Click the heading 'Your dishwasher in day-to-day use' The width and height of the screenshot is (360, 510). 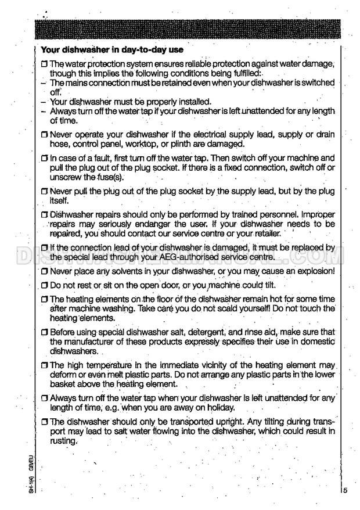pyautogui.click(x=112, y=50)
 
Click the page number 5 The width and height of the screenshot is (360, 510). pyautogui.click(x=345, y=490)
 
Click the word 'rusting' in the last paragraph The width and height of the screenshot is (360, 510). pyautogui.click(x=63, y=441)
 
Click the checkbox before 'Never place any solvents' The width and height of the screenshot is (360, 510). pyautogui.click(x=44, y=271)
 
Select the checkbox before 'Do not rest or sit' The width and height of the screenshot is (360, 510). pyautogui.click(x=44, y=286)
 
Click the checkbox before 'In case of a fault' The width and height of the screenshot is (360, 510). pyautogui.click(x=44, y=158)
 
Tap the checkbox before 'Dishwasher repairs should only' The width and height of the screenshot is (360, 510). pyautogui.click(x=44, y=215)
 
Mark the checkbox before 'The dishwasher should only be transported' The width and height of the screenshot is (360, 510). pyautogui.click(x=44, y=422)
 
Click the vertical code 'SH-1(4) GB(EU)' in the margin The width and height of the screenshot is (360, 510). pyautogui.click(x=30, y=475)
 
